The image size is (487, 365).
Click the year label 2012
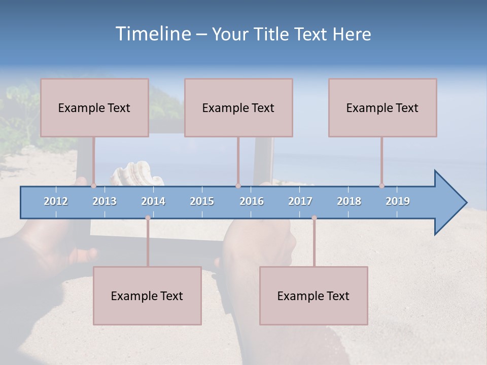[x=56, y=201]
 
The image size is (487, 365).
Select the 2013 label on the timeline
[x=105, y=201]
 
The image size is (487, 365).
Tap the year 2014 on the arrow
[x=153, y=201]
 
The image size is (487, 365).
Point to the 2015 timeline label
[x=202, y=201]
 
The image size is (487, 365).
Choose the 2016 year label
[x=252, y=201]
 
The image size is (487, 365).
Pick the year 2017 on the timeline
[x=300, y=201]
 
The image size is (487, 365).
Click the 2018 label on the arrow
[x=349, y=201]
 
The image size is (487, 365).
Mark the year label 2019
[x=398, y=201]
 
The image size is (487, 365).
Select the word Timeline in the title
[x=152, y=34]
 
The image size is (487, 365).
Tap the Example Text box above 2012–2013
[x=94, y=107]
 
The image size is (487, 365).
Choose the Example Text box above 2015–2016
[x=238, y=107]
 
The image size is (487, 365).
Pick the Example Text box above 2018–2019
[x=382, y=107]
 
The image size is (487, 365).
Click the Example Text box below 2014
[x=147, y=296]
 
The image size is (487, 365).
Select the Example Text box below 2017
[x=314, y=296]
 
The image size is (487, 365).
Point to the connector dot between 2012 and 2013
[x=94, y=186]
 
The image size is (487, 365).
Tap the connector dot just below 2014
[x=148, y=218]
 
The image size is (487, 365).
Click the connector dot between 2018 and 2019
[x=381, y=186]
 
